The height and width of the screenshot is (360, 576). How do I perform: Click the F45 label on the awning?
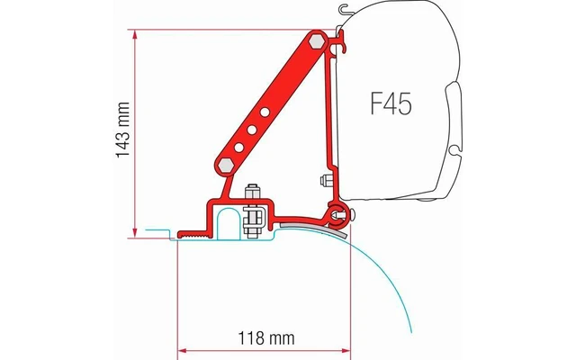coord(389,104)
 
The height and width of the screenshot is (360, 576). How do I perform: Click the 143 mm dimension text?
coord(123,133)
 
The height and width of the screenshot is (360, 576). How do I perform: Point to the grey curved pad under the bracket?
coord(297,220)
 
